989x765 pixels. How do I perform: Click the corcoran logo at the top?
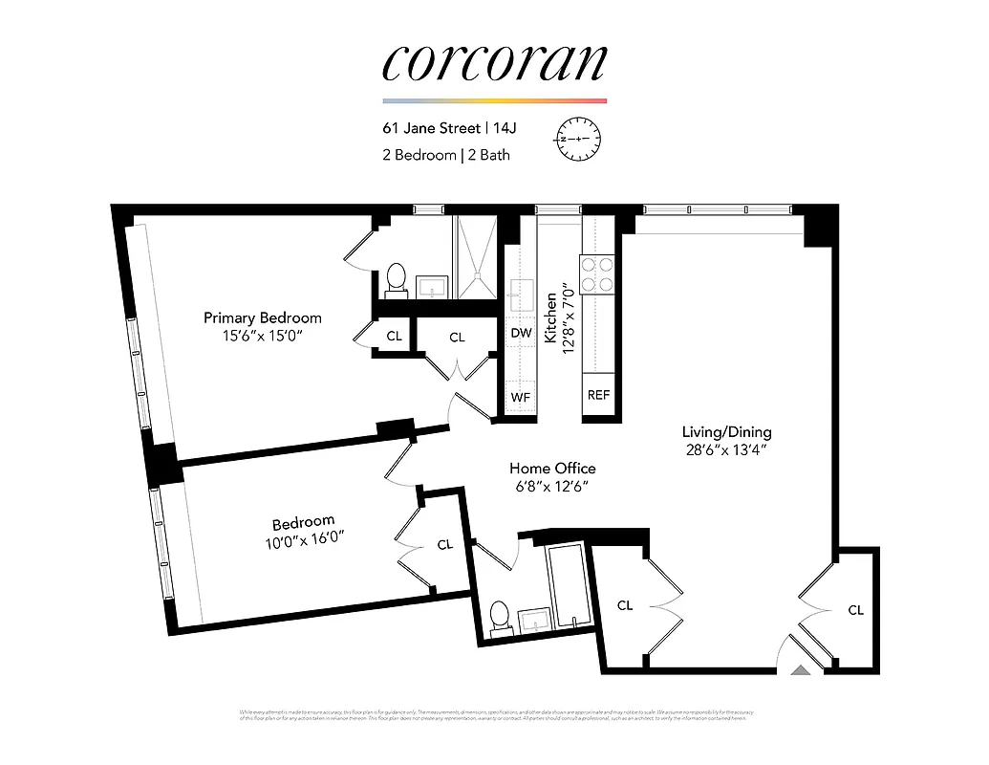(494, 61)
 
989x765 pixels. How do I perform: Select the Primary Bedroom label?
(263, 317)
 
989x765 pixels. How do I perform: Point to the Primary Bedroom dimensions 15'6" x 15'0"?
(263, 337)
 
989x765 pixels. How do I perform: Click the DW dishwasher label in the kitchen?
(521, 334)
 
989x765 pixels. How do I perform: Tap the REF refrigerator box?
(598, 394)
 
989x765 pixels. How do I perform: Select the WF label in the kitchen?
(521, 395)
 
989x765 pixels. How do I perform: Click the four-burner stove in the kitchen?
(597, 273)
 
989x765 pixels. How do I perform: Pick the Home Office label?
(552, 468)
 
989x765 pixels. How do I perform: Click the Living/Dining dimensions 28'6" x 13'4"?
(726, 450)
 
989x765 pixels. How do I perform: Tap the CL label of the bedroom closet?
(445, 545)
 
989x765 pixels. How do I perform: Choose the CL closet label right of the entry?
(855, 610)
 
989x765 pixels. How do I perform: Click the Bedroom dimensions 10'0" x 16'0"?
(304, 541)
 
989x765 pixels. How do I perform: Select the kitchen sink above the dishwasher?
(522, 295)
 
